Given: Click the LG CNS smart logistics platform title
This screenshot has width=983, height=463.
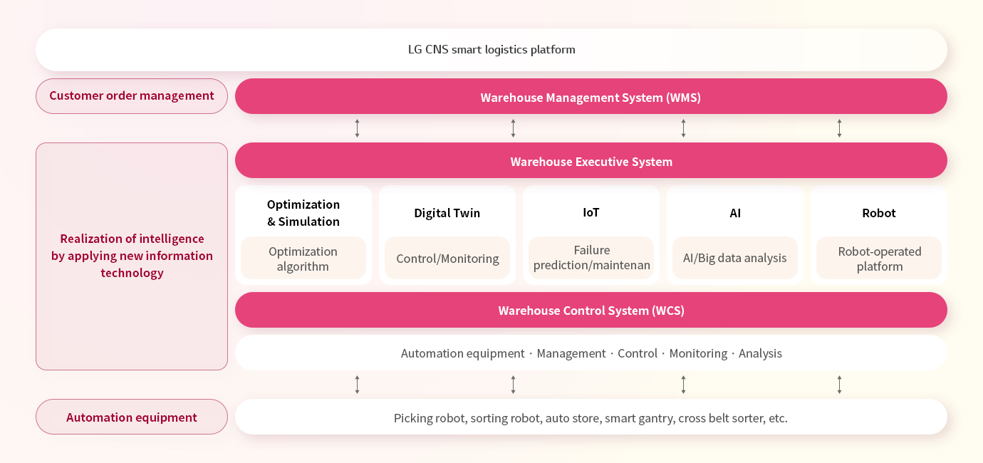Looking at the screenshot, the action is pos(491,50).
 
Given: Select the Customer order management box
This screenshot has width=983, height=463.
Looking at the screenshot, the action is pos(132,96).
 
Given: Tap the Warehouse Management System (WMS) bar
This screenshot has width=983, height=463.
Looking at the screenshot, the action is pos(591,97).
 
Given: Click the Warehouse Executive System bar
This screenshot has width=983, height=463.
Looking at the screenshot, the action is pos(591,160).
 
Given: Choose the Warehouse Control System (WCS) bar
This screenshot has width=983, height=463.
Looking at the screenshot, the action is pos(591,310).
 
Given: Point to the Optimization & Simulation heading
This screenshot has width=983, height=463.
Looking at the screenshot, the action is pos(303,213).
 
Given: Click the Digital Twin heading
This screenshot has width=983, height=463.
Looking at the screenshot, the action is pos(447,213).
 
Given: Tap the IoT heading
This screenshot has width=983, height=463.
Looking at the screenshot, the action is pos(591,212).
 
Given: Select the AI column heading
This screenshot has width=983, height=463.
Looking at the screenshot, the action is pos(735,213).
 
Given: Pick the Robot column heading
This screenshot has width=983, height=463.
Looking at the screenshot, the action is pos(879,213).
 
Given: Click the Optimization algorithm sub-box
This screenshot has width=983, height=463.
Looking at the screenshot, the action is pos(303,258).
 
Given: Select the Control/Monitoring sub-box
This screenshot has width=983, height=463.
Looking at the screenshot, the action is pos(447,258).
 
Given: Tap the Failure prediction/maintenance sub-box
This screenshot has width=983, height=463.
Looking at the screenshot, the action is pos(591,258).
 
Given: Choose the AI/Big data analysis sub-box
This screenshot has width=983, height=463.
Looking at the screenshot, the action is pos(735,258).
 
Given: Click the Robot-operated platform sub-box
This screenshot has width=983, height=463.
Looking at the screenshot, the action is pos(879,258).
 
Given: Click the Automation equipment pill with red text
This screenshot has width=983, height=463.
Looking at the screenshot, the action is pos(132,417).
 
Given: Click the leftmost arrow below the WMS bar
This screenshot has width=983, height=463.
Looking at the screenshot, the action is pos(357,128).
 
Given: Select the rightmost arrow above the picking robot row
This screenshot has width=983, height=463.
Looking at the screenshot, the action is pos(840,385).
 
